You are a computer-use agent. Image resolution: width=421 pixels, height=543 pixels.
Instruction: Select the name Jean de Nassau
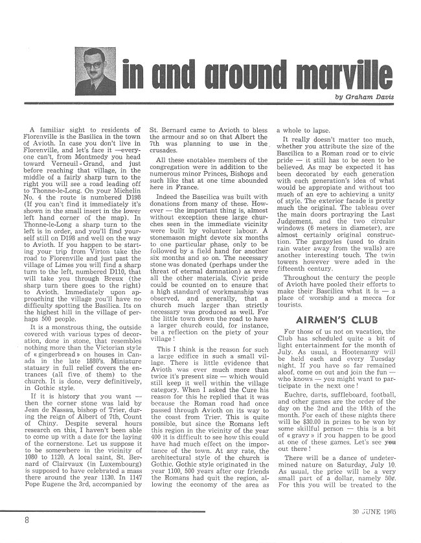click(54, 404)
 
